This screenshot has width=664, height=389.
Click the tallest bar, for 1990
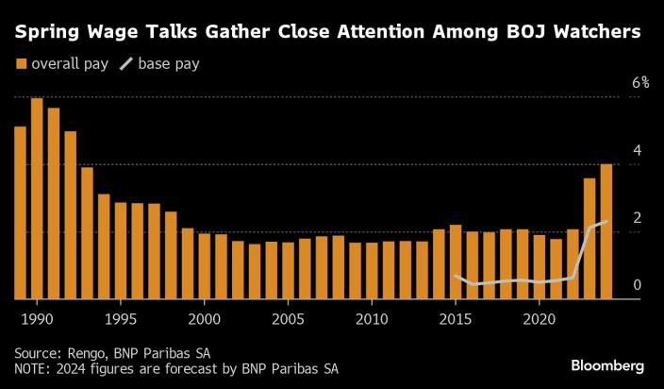point(37,198)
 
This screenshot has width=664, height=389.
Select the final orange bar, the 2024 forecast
point(606,231)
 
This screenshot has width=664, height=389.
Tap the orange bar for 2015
point(456,262)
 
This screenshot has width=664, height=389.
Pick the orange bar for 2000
point(204,266)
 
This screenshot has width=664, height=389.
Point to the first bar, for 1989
point(20,212)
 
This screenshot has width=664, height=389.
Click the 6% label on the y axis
point(640,83)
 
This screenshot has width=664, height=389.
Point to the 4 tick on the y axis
point(637,151)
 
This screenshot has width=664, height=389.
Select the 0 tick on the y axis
point(637,285)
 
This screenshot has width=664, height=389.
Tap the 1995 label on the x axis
point(121,319)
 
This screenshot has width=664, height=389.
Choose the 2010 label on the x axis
point(372,319)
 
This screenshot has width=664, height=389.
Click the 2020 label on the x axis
point(539,319)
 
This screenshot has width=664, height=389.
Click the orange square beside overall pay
point(21,64)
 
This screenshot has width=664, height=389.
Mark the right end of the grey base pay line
point(606,222)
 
